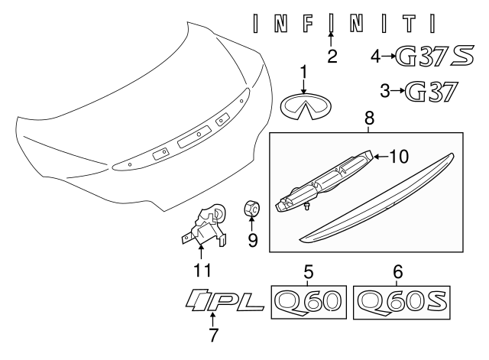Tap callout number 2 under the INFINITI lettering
[332, 56]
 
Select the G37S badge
[435, 56]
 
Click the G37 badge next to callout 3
[432, 92]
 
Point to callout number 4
[376, 57]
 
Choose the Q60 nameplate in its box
[309, 302]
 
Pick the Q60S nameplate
[402, 302]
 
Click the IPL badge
[225, 300]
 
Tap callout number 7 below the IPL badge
[212, 336]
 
